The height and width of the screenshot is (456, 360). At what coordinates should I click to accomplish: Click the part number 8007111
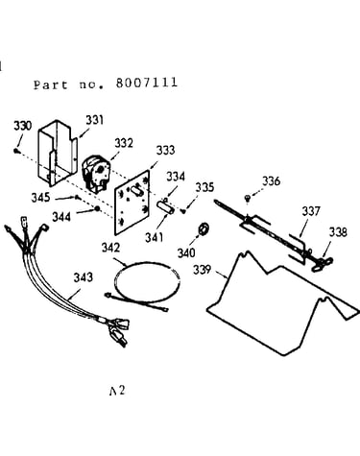tap(147, 83)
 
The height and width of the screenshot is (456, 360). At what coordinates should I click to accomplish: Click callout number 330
tap(23, 126)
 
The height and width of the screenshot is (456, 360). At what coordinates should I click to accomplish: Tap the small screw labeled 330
tap(16, 151)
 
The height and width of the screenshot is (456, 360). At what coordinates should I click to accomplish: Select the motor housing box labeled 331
tap(58, 153)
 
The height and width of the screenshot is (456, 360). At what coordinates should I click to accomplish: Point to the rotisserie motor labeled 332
tap(94, 173)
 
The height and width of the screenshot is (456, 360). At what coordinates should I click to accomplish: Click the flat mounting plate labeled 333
tap(132, 203)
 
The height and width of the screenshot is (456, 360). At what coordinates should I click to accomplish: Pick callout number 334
tap(176, 177)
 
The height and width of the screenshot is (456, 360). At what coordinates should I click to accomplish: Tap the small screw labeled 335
tap(183, 211)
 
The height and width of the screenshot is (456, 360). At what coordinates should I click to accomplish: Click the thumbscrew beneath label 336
tap(247, 199)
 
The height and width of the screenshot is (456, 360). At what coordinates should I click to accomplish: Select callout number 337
tap(311, 211)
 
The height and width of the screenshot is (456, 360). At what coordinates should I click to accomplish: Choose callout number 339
tap(202, 270)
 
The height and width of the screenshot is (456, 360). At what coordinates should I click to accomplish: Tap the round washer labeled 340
tap(203, 228)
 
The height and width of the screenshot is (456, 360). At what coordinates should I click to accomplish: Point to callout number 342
tap(110, 248)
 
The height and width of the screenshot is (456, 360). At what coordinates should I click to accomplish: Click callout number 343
tap(84, 277)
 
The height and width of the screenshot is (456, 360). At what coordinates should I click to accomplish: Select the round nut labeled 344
tap(97, 209)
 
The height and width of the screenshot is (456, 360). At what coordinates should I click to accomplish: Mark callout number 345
tap(40, 198)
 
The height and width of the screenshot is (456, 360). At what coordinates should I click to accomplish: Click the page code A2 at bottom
tap(117, 391)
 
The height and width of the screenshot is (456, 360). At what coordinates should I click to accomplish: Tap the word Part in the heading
tap(51, 84)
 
